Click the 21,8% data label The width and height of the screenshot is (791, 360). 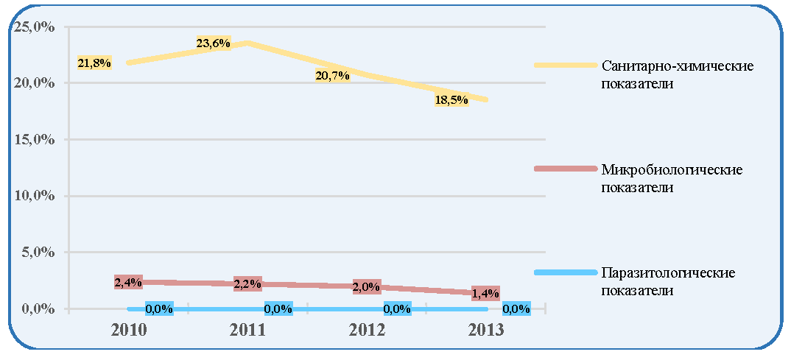click(x=94, y=63)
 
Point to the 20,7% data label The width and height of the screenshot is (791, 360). click(x=332, y=76)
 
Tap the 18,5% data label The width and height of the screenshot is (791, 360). click(x=451, y=100)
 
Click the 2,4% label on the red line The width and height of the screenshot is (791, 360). click(x=128, y=283)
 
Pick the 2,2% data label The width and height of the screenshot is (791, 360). click(x=247, y=284)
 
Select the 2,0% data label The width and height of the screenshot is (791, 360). click(x=367, y=287)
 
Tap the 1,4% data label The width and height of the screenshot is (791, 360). click(x=485, y=294)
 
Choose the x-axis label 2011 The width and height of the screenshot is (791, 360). click(x=247, y=331)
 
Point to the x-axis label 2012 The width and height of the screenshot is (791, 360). click(x=366, y=331)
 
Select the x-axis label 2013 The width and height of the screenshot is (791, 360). click(x=486, y=331)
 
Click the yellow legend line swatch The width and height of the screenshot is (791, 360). click(x=566, y=65)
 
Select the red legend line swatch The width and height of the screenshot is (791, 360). click(x=566, y=169)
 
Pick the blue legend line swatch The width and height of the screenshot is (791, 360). click(x=566, y=272)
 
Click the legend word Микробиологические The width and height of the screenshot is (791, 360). click(x=672, y=169)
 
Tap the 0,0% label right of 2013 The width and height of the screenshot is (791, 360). click(x=516, y=308)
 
